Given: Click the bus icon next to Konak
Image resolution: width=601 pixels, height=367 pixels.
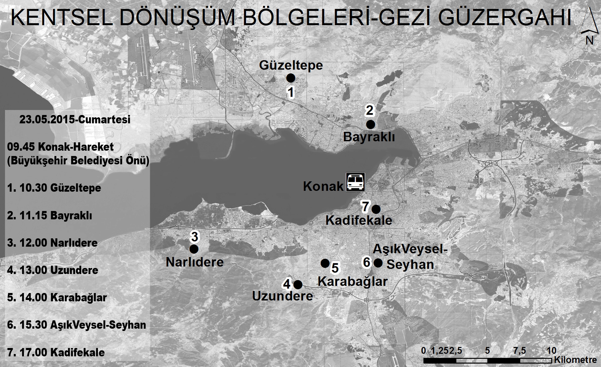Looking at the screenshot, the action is [355, 182].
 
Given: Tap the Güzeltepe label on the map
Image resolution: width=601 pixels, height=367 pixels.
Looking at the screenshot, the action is [291, 65].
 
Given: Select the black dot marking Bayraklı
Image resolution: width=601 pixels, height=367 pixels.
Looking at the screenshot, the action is [370, 125].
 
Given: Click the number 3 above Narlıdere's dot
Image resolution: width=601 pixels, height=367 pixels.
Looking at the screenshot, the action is [194, 236].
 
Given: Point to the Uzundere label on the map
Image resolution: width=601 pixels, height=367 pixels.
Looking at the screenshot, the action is [282, 296].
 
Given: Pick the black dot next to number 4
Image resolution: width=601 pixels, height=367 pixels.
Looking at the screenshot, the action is [298, 285].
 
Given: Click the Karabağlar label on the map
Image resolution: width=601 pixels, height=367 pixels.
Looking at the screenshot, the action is [352, 281].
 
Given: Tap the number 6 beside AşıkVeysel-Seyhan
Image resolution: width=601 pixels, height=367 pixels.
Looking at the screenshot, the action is [366, 262].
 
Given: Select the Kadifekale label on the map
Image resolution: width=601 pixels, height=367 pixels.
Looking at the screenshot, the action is [359, 220].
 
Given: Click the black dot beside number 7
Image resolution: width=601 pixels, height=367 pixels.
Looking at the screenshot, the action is [376, 209].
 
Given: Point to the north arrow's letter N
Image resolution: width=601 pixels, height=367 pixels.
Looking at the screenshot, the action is [589, 40].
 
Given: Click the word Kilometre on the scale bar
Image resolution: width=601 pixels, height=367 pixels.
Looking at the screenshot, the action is [575, 360].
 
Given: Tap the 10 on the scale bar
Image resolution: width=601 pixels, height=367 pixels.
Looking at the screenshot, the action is [551, 350].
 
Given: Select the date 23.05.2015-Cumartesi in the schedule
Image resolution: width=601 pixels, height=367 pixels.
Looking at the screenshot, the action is [75, 120].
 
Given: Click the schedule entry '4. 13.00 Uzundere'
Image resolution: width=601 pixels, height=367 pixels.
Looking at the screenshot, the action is [53, 270].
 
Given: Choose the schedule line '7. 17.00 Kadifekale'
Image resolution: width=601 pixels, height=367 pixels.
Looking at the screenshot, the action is [56, 352].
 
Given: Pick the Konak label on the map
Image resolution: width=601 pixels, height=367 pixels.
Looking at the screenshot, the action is [323, 186].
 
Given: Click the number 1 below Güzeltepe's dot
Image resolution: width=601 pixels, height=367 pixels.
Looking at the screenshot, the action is [291, 92].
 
